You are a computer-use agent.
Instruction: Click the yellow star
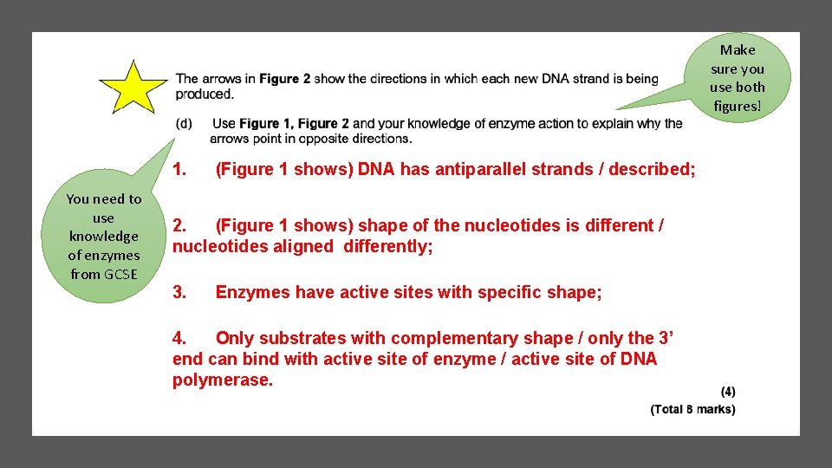pyautogui.click(x=133, y=88)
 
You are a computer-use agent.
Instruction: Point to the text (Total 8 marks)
pyautogui.click(x=692, y=409)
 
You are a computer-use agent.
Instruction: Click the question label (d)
pyautogui.click(x=184, y=124)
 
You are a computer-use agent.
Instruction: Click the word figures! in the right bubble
pyautogui.click(x=738, y=106)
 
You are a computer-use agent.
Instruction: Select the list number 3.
pyautogui.click(x=179, y=292)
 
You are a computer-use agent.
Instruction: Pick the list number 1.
pyautogui.click(x=179, y=169)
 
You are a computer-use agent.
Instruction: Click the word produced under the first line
pyautogui.click(x=204, y=94)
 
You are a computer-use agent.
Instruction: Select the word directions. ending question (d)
pyautogui.click(x=379, y=139)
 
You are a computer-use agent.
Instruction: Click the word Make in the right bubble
pyautogui.click(x=738, y=49)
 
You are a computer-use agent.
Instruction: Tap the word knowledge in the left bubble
pyautogui.click(x=104, y=236)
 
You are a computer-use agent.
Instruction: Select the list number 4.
pyautogui.click(x=179, y=338)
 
